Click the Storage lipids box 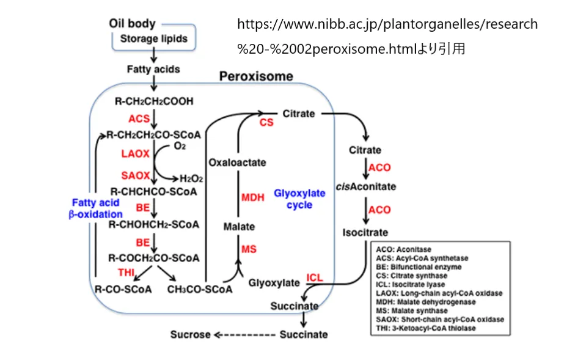click(153, 39)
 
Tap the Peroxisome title click(256, 77)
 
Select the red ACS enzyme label click(139, 118)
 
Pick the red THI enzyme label click(126, 271)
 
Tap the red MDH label click(252, 197)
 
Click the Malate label click(239, 227)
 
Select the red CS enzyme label click(266, 123)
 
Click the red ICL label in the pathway click(315, 278)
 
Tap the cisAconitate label click(366, 186)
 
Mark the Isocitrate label click(365, 233)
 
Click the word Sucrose click(190, 334)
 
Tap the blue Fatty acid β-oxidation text click(95, 208)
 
